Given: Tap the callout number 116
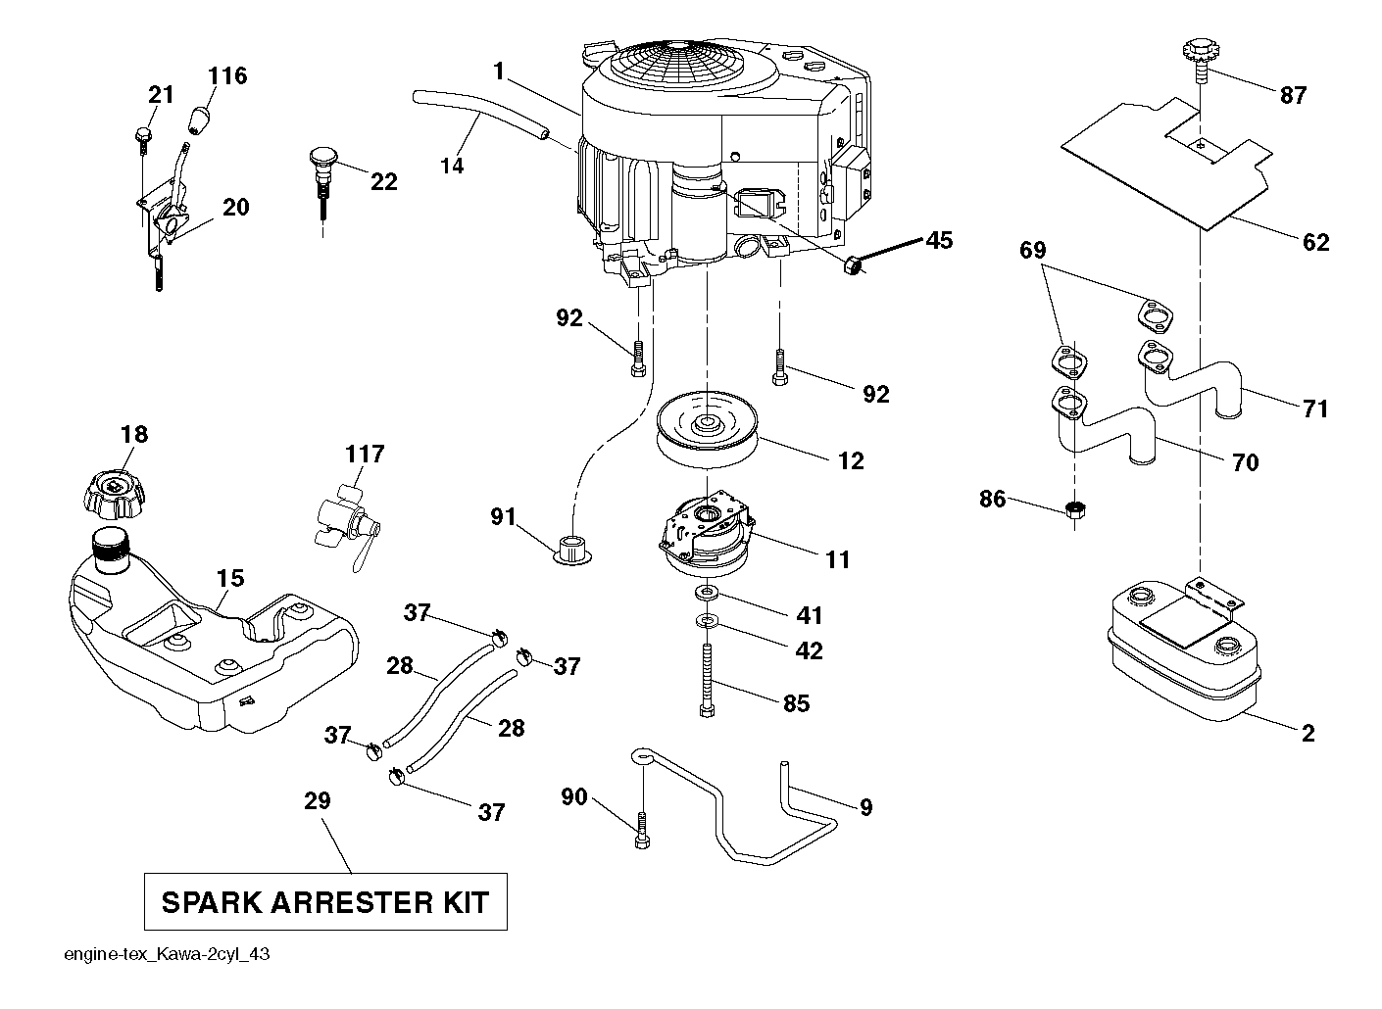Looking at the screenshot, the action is click(227, 75).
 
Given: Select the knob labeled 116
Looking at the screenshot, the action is click(199, 120).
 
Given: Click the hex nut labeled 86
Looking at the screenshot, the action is click(1075, 509).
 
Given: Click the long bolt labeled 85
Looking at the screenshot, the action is click(707, 679).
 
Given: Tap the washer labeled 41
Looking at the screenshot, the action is click(707, 594).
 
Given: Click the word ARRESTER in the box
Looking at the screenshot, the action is click(352, 902).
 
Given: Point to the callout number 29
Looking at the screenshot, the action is click(318, 800).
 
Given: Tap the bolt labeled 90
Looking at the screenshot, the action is click(642, 832).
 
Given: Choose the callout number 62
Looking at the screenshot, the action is click(1315, 242).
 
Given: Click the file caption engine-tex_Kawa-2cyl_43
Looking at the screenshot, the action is click(168, 954).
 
